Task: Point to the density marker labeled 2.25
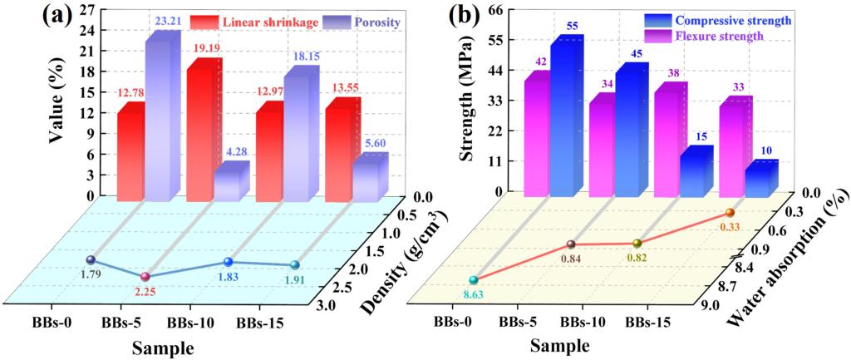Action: tap(145, 277)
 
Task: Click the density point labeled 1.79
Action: tap(91, 260)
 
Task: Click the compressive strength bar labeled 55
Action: tap(568, 116)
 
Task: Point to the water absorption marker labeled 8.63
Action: tap(474, 281)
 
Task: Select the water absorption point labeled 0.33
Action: tap(730, 214)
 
